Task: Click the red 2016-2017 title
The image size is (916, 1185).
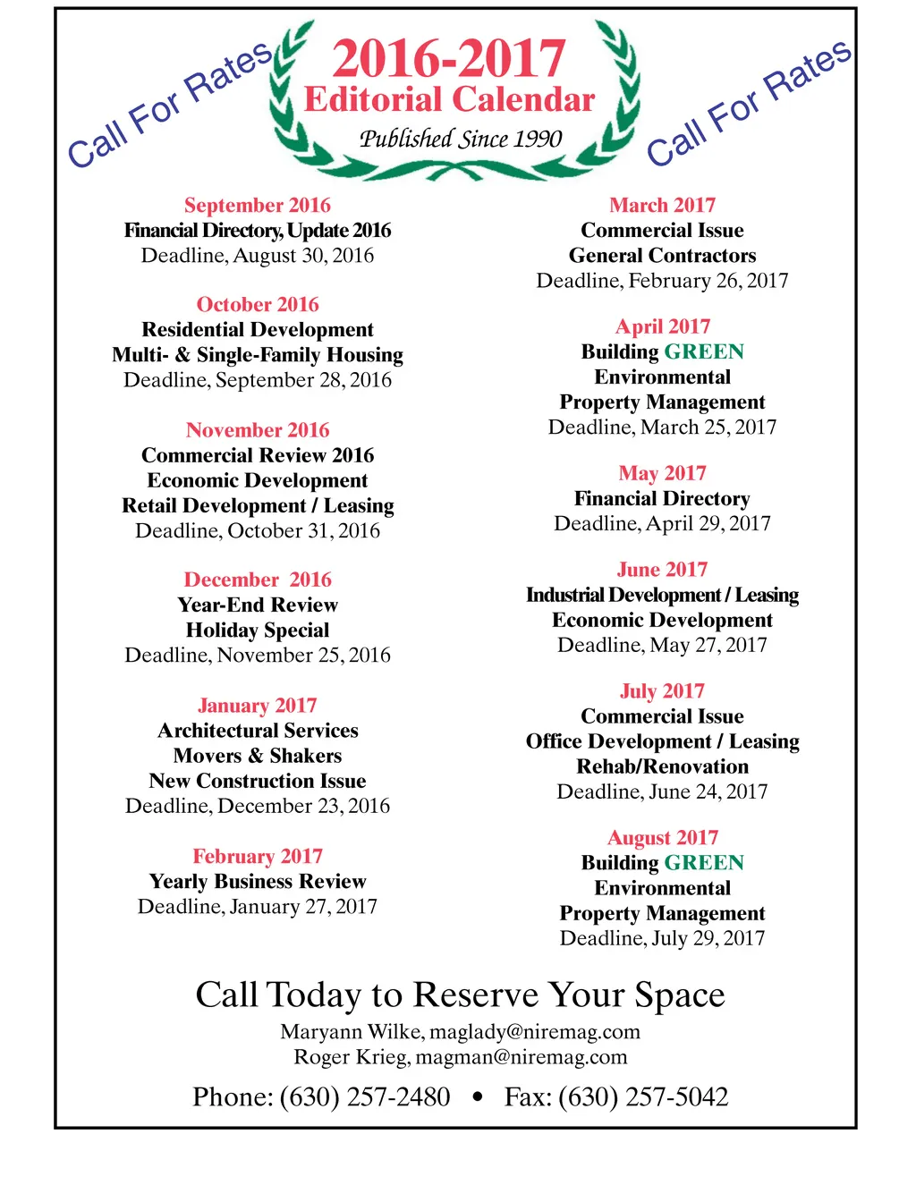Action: pos(448,59)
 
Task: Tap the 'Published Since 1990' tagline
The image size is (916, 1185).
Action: pos(460,139)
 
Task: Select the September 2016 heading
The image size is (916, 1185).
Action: pos(258,205)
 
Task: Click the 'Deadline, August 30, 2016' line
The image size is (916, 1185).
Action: pos(258,256)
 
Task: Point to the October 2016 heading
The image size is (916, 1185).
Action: pos(258,304)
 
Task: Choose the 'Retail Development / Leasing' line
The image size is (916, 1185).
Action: pos(258,505)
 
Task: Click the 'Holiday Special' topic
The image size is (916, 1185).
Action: pos(258,631)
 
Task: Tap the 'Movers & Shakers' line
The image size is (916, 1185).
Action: pos(258,756)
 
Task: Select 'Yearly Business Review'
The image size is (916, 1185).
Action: pos(258,882)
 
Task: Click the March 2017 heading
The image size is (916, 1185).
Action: pos(662,205)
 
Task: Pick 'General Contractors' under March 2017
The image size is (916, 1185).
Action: pos(662,256)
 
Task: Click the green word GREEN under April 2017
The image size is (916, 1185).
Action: pos(704,351)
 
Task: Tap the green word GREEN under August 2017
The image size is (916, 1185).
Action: pos(704,863)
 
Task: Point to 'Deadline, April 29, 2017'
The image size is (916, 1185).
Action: pos(662,523)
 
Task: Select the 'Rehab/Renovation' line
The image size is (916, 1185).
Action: pos(662,766)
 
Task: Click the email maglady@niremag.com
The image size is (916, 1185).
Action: pos(535,1032)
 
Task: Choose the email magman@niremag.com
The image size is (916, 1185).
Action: pos(522,1057)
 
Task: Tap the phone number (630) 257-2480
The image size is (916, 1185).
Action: pos(365,1097)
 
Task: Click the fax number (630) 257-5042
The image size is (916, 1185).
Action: pos(643,1097)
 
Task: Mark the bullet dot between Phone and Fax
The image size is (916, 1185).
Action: pos(478,1097)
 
